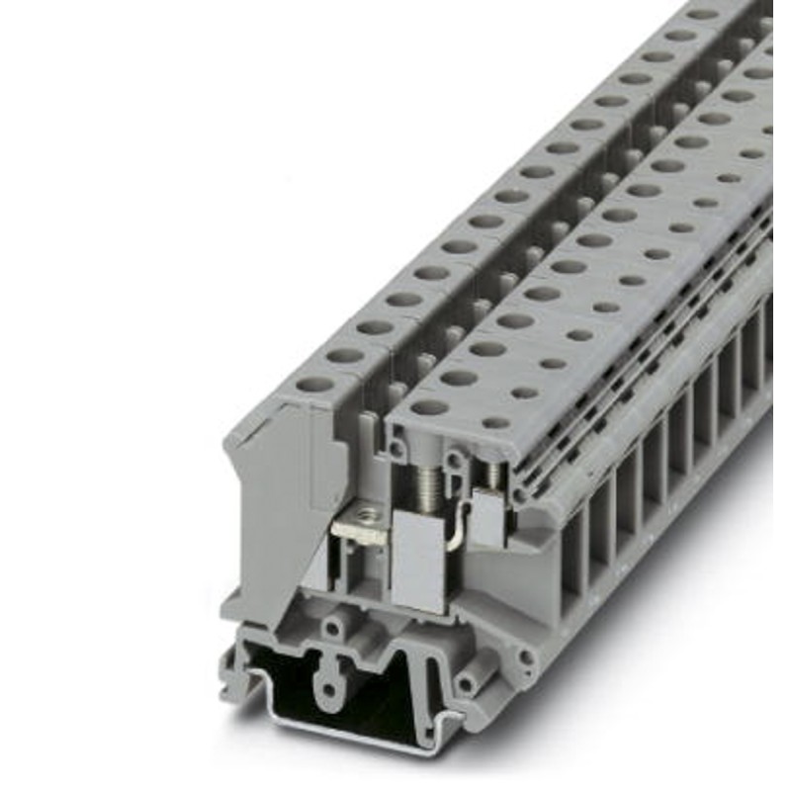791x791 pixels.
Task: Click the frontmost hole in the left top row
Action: coord(315,385)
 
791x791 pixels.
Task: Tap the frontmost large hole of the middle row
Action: coord(430,406)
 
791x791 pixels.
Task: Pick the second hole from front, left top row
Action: coord(345,355)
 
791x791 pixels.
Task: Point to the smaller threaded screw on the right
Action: coord(492,476)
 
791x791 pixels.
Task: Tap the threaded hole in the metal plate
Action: coord(367,515)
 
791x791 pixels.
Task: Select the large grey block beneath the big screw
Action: coord(416,559)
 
